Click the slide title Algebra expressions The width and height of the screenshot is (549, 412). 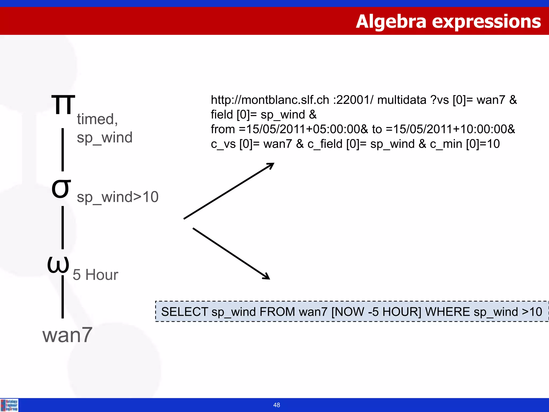click(448, 21)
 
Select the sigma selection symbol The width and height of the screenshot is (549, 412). click(61, 189)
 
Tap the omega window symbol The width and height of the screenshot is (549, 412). click(58, 264)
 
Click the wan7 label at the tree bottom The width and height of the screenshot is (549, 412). click(67, 335)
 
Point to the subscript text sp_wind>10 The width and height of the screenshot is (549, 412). click(117, 197)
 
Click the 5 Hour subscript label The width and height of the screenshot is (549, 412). click(95, 275)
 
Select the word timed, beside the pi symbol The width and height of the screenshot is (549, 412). click(97, 119)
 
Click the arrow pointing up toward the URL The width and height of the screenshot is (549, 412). click(229, 191)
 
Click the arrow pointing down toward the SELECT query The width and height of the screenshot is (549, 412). click(231, 253)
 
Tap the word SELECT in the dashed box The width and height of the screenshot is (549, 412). click(184, 312)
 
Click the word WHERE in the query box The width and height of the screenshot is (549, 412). click(447, 312)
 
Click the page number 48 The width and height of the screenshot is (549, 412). click(276, 405)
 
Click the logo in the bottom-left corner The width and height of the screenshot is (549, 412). click(9, 405)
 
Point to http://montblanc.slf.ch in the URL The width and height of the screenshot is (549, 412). click(270, 100)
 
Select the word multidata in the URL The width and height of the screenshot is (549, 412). click(402, 100)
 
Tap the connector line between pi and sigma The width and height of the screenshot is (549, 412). click(63, 150)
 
